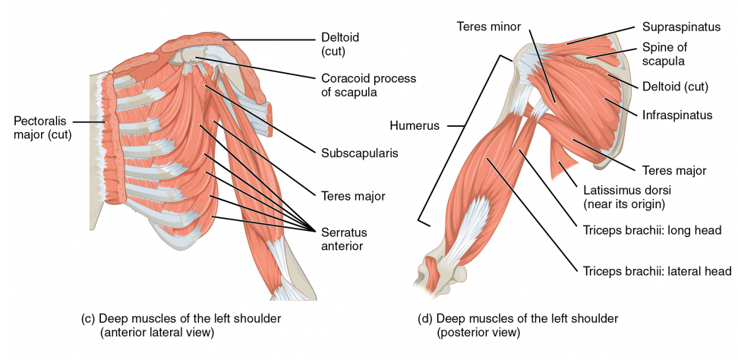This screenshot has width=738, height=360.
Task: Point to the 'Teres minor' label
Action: [x=488, y=26]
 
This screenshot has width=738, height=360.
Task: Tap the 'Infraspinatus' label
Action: [x=676, y=115]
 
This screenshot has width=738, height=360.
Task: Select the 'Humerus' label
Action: [x=414, y=125]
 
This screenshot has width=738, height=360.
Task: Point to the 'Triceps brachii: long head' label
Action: [x=650, y=231]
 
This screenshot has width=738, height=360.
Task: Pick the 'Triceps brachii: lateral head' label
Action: [x=657, y=270]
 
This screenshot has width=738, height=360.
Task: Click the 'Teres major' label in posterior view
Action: [x=674, y=171]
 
